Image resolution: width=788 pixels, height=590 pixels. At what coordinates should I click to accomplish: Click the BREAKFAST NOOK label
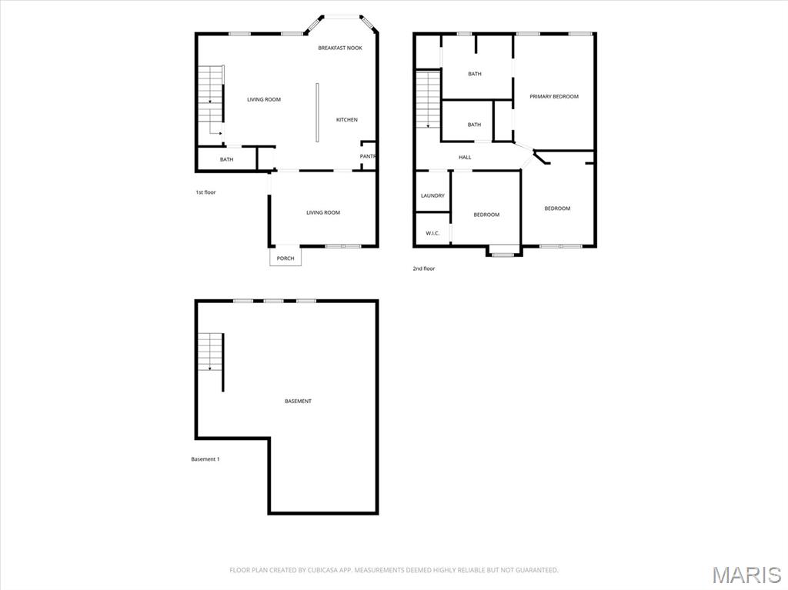click(x=340, y=48)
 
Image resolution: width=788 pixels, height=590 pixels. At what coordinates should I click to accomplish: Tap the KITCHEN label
click(x=347, y=119)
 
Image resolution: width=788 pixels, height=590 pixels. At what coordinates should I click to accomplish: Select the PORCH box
click(x=285, y=258)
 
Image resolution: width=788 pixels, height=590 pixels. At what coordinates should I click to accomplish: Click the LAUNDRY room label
click(x=432, y=195)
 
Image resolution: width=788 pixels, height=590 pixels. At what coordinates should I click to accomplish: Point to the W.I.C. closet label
click(x=432, y=233)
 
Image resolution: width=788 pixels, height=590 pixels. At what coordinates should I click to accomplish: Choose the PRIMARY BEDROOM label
click(x=554, y=96)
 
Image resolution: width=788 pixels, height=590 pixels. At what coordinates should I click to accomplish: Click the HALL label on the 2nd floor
click(x=465, y=157)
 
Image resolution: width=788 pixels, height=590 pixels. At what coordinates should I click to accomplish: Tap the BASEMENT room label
click(x=298, y=401)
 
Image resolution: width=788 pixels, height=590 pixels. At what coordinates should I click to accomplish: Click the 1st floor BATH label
click(x=226, y=159)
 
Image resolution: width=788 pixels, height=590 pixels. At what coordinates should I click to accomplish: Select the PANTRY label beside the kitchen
click(x=368, y=156)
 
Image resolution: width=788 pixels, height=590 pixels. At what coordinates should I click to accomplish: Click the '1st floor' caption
click(x=205, y=192)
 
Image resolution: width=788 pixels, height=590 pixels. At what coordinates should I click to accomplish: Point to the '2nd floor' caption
click(x=424, y=268)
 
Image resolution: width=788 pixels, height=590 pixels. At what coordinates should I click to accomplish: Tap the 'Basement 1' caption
click(x=205, y=459)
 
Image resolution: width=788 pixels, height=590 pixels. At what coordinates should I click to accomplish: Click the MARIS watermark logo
click(x=746, y=575)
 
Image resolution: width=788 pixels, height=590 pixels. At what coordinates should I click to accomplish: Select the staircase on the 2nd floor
click(x=428, y=99)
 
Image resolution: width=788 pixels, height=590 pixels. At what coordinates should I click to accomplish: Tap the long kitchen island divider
click(x=316, y=112)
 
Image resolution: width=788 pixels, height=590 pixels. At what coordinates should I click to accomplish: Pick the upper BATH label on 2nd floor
click(x=475, y=74)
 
